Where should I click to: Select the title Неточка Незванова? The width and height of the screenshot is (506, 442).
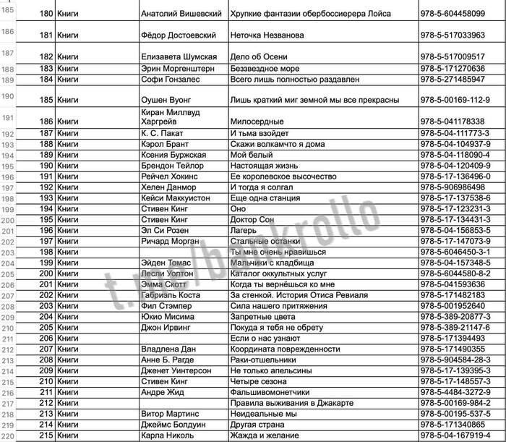[266, 35]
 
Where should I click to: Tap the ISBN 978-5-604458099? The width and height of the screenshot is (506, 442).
[454, 14]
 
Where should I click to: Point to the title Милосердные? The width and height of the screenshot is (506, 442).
[257, 122]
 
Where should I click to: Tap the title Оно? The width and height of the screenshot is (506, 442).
[238, 208]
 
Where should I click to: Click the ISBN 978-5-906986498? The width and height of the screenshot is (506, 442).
[454, 187]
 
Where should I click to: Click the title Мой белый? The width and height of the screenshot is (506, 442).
[250, 154]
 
